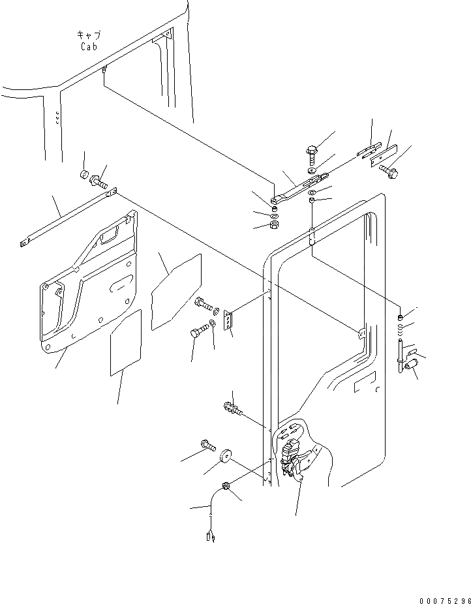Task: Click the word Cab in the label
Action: (89, 46)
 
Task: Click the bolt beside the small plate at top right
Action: (390, 172)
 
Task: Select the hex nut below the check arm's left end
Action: (273, 226)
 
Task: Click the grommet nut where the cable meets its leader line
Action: (226, 487)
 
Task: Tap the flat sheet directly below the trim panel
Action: (126, 344)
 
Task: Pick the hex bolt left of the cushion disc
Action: (207, 445)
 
